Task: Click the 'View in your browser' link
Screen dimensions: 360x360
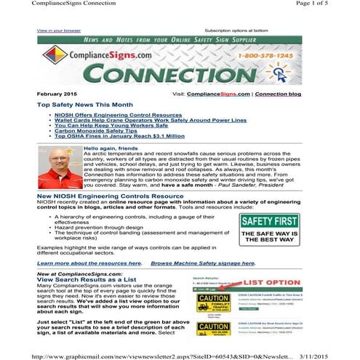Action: [59, 31]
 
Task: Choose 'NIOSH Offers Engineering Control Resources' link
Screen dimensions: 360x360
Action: [114, 115]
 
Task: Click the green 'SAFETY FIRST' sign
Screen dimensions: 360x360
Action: [270, 229]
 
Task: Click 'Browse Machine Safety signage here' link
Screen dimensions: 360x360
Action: [203, 263]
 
